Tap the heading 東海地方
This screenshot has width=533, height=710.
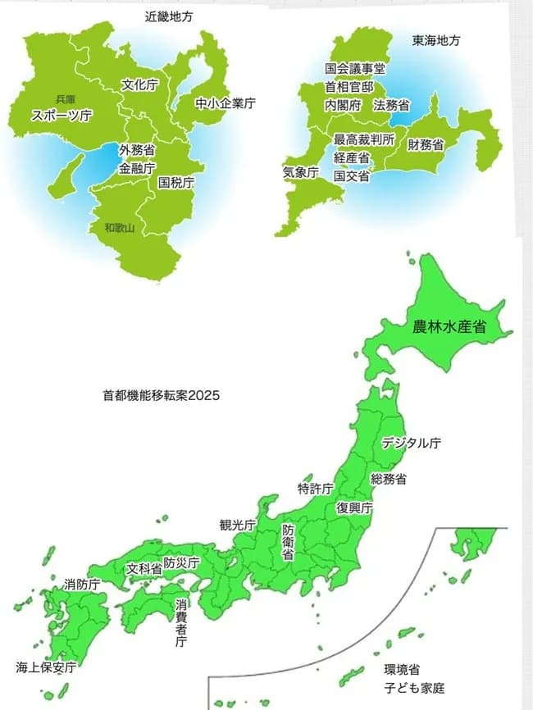tap(437, 39)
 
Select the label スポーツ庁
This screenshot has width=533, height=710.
tap(61, 116)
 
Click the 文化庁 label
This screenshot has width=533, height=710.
tap(139, 84)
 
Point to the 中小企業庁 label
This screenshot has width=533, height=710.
tap(225, 103)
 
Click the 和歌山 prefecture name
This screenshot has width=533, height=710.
tap(119, 227)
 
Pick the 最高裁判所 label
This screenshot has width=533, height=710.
tap(365, 139)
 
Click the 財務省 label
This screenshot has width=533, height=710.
tap(426, 145)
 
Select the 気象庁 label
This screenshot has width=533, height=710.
tap(300, 173)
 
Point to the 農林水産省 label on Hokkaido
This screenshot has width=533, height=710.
tap(449, 326)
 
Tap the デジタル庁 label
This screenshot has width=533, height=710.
tap(412, 443)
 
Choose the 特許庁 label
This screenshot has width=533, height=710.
tap(315, 489)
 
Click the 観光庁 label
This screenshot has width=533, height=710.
tap(237, 525)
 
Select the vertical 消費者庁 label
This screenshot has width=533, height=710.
tap(181, 622)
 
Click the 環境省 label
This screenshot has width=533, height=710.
tap(402, 670)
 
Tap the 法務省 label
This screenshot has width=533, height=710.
tap(392, 105)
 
